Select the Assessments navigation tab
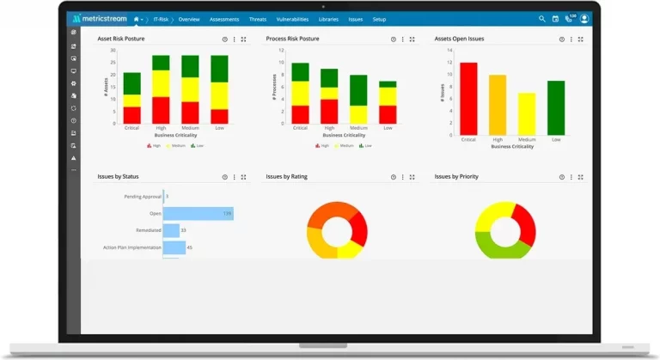(x=224, y=19)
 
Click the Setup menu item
(x=379, y=19)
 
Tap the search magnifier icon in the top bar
(x=541, y=18)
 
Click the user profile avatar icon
(x=584, y=18)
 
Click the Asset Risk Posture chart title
(x=121, y=40)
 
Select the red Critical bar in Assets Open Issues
(x=468, y=98)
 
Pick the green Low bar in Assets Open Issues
(x=556, y=108)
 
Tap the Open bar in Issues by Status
(x=199, y=213)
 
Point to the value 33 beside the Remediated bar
(x=184, y=230)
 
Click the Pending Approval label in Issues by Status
(x=144, y=197)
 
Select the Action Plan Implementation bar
(x=174, y=247)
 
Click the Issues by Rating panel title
(x=286, y=177)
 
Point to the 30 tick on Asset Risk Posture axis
(x=113, y=49)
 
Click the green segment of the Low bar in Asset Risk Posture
(x=219, y=69)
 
